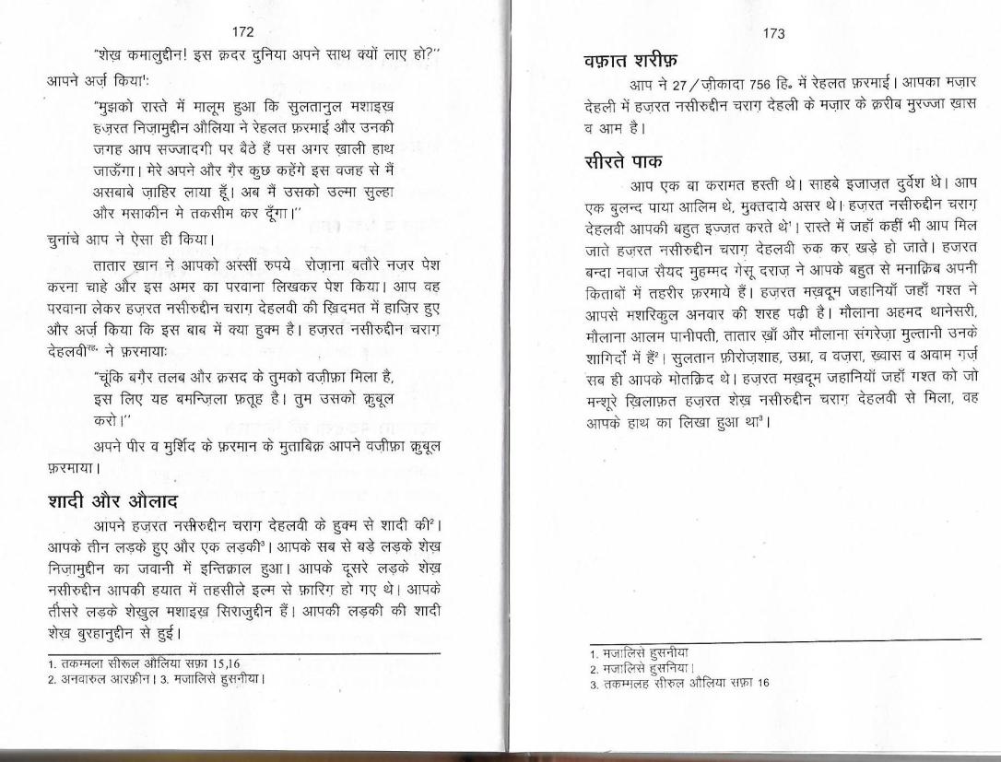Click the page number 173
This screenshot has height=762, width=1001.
[773, 34]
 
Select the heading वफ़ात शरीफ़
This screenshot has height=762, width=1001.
[630, 63]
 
